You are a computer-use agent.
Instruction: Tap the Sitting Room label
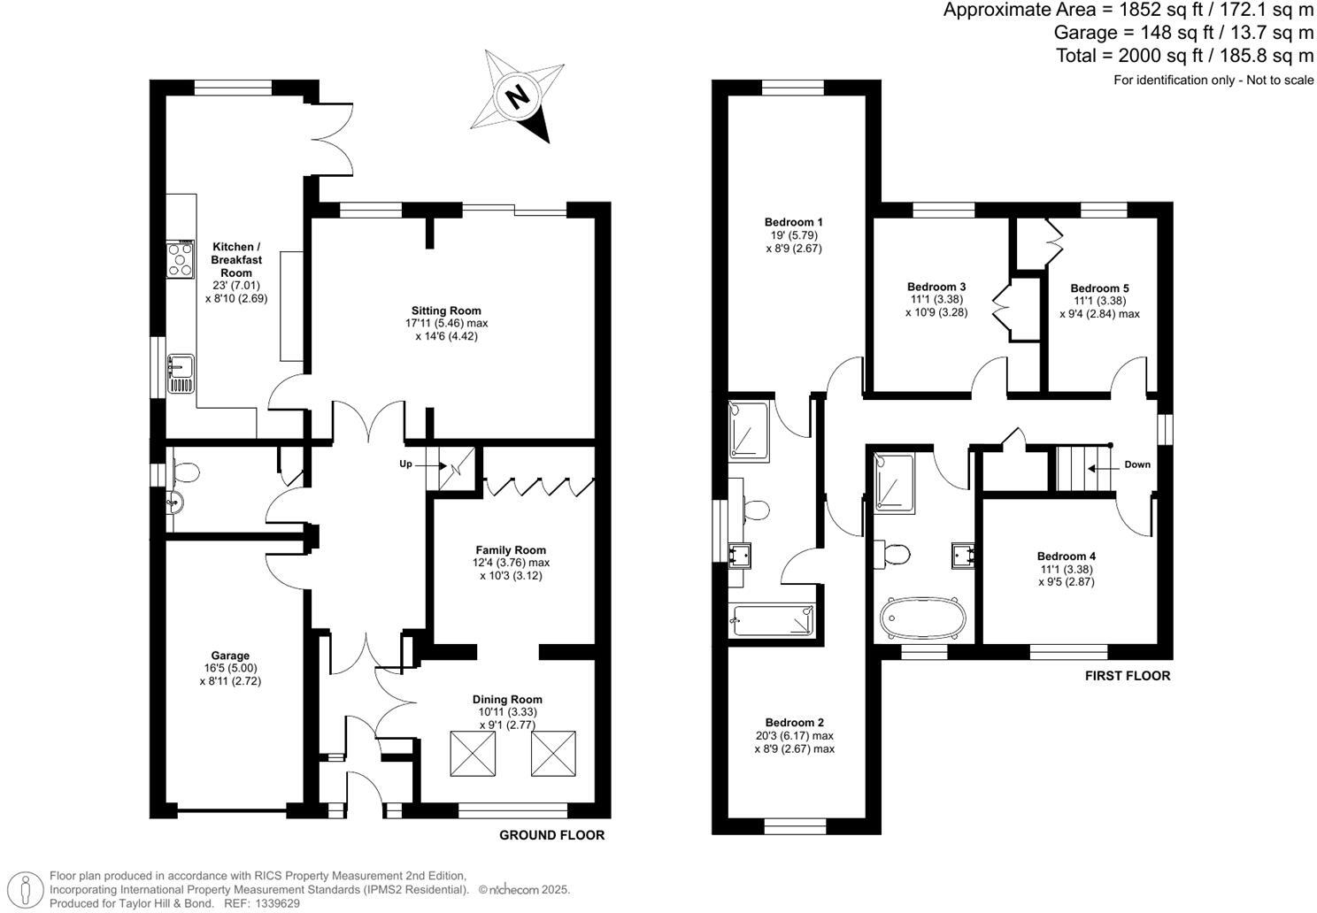tap(446, 311)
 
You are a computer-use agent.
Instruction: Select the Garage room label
tap(230, 656)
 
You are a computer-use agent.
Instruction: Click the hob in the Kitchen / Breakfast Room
tap(181, 260)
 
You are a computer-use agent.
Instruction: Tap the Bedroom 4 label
tap(1066, 556)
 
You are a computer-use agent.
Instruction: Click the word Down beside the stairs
tap(1137, 464)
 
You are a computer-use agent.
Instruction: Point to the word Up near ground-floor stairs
tap(405, 464)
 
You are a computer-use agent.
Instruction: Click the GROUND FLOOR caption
tap(551, 835)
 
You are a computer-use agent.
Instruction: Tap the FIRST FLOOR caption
tap(1127, 676)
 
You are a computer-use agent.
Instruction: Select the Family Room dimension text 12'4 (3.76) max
tap(511, 563)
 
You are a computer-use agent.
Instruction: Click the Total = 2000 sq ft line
tap(1183, 56)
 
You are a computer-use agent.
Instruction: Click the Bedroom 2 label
tap(794, 723)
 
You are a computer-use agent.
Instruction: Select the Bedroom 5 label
tap(1099, 288)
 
